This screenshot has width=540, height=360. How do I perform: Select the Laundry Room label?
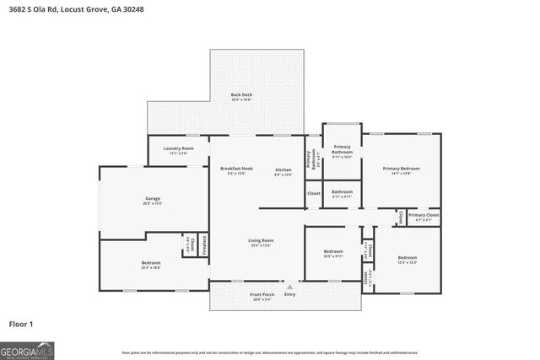[178, 149]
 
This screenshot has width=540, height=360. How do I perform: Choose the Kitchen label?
[283, 171]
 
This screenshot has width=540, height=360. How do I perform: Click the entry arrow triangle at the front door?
[289, 287]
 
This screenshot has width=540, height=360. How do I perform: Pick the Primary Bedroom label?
[401, 169]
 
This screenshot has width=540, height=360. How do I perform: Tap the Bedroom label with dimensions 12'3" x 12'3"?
[407, 259]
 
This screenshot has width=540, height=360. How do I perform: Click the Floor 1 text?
[21, 323]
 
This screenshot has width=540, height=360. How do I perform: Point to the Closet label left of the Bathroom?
[313, 194]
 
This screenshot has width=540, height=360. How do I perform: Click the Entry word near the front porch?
[289, 294]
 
